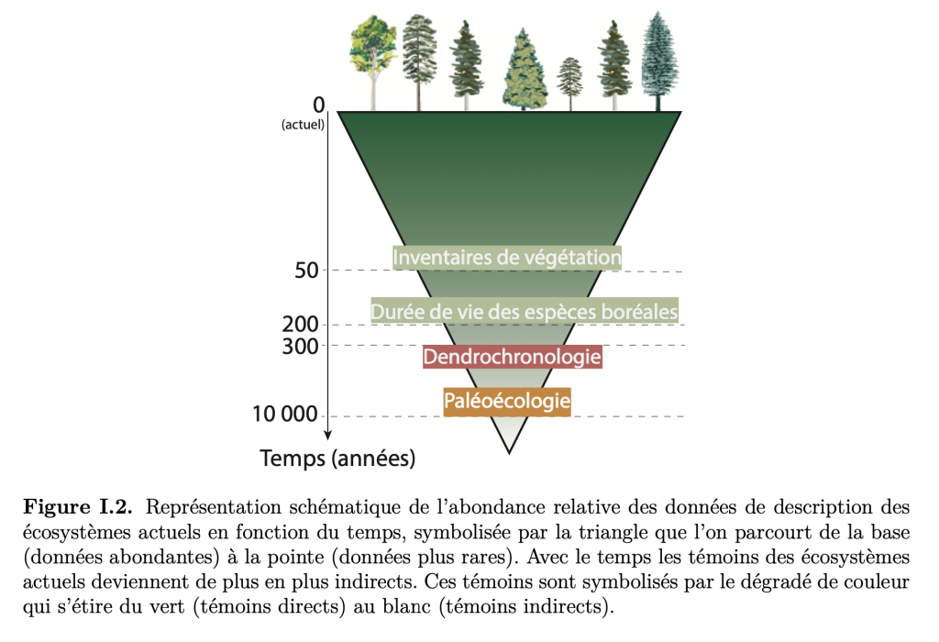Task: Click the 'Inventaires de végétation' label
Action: coord(506,258)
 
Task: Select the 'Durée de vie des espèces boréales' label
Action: coord(524,312)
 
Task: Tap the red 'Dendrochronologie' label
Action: coord(512,357)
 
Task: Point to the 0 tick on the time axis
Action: coord(318,105)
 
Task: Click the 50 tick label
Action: coord(306,271)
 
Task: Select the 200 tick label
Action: coord(300,325)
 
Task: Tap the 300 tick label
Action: coord(300,346)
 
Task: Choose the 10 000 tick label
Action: coord(284,414)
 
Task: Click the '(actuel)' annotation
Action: coord(303,125)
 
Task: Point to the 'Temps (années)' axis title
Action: coord(337,459)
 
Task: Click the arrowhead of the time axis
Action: coord(327,435)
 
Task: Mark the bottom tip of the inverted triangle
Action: coord(509,453)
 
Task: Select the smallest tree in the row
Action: coord(570,83)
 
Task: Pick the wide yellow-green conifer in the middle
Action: coord(524,70)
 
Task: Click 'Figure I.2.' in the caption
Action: coord(77,507)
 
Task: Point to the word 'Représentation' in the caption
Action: coord(213,508)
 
